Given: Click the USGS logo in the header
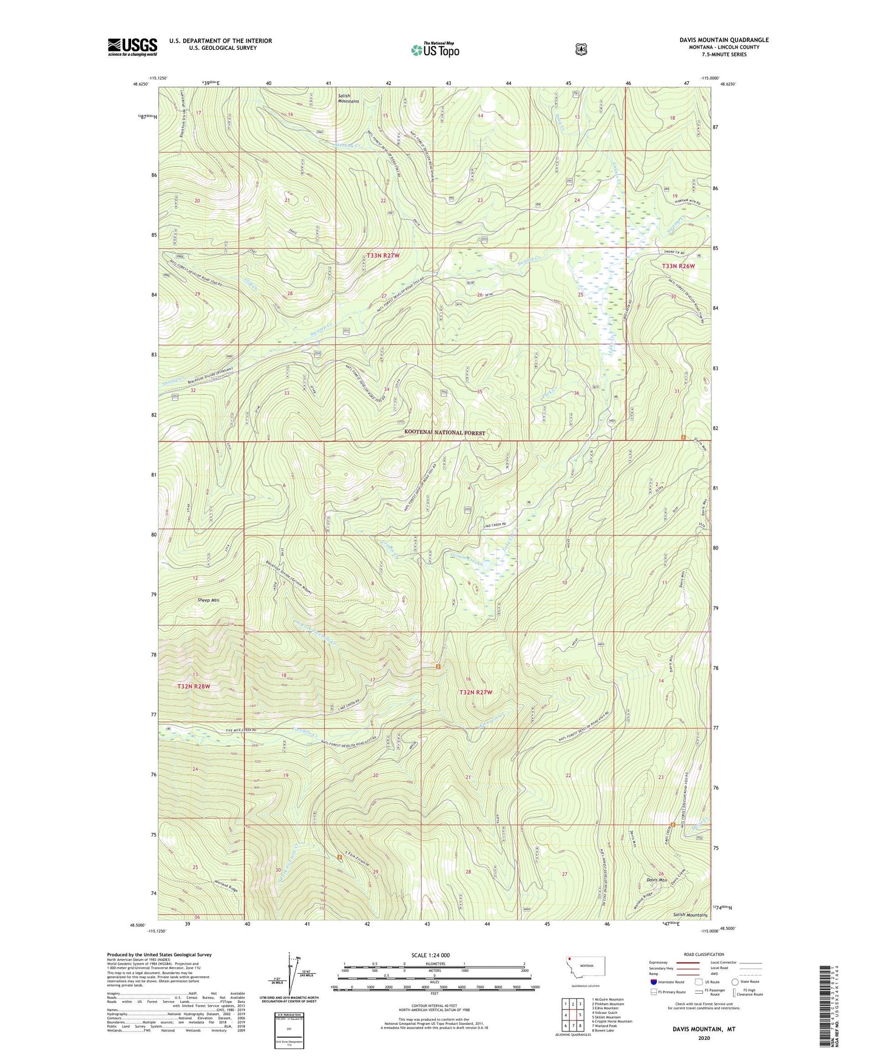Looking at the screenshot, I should pyautogui.click(x=132, y=47).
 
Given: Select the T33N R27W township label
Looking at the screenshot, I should pyautogui.click(x=383, y=256).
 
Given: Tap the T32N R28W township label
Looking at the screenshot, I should pyautogui.click(x=194, y=686).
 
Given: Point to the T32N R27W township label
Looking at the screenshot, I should pyautogui.click(x=475, y=692).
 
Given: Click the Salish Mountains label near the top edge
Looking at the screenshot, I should pyautogui.click(x=348, y=98).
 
